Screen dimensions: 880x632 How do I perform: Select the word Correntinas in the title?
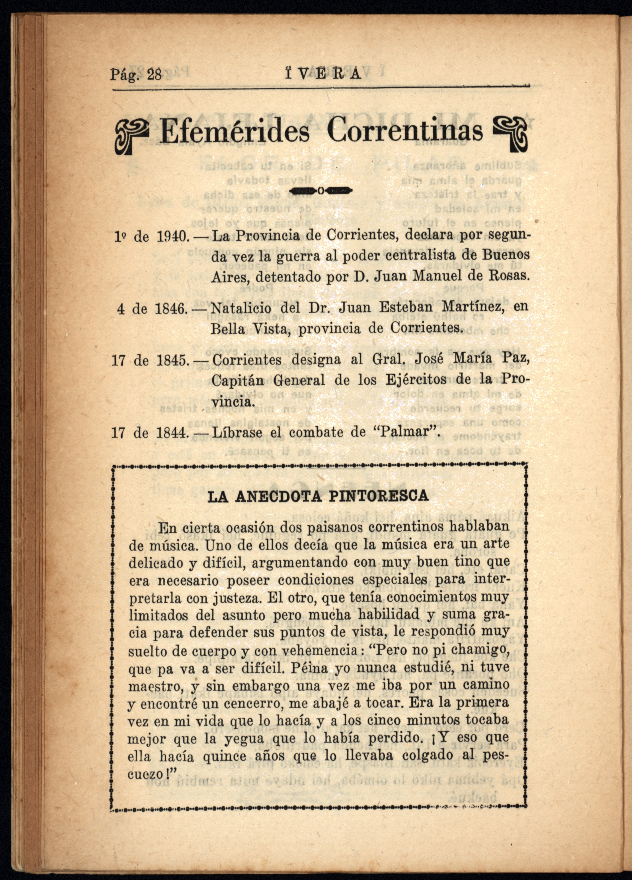coord(405,131)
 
